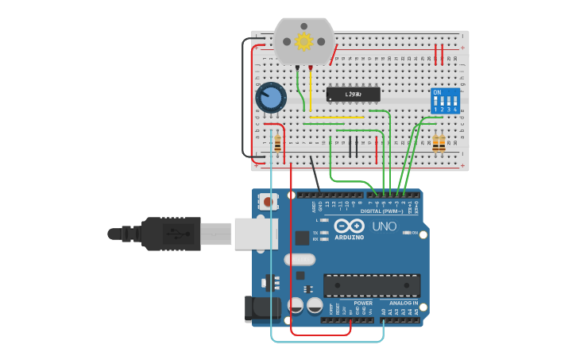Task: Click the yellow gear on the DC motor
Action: tap(303, 41)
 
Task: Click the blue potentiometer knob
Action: tap(271, 99)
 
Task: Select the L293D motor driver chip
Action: tap(353, 95)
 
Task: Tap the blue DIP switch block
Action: tap(445, 101)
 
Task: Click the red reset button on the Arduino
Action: tap(265, 203)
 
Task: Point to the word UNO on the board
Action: tap(385, 226)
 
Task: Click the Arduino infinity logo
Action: tap(349, 226)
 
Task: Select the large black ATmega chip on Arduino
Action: tap(372, 285)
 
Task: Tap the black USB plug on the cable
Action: tap(171, 234)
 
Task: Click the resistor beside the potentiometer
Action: tap(277, 144)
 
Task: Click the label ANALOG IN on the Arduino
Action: tap(403, 303)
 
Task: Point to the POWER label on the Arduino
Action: tap(362, 303)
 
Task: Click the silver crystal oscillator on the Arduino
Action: tap(299, 259)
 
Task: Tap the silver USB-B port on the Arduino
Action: tap(256, 234)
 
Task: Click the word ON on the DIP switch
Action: tap(436, 92)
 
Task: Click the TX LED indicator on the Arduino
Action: tap(323, 232)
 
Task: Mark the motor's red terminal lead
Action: tap(310, 70)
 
